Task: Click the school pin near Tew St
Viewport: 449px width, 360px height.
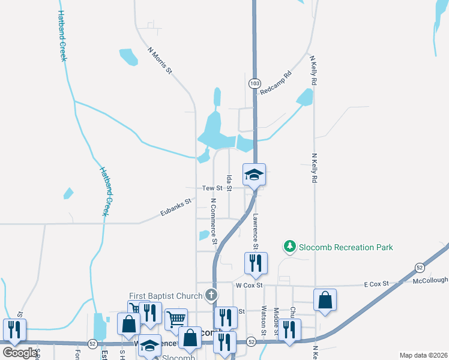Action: [x=254, y=175]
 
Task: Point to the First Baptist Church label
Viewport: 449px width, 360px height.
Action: [x=166, y=295]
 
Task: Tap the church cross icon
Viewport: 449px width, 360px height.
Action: [x=210, y=295]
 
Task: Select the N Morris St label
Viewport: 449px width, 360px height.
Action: [x=160, y=61]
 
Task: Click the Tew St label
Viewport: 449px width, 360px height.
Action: [x=212, y=188]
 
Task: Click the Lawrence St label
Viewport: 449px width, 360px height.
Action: [x=255, y=232]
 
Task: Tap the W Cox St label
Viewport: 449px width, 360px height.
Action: [x=250, y=285]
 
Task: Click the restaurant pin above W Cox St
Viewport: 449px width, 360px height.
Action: [x=255, y=263]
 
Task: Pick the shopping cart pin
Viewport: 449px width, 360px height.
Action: [x=176, y=320]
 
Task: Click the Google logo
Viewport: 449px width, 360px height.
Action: [x=19, y=353]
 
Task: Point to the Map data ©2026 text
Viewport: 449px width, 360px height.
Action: [x=423, y=355]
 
